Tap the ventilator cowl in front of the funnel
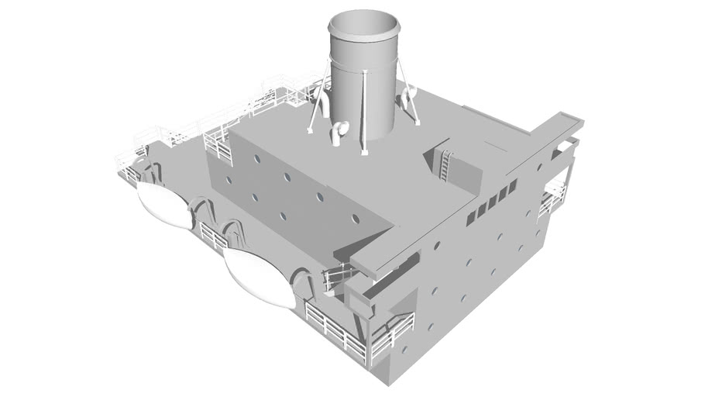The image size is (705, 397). (x=338, y=132)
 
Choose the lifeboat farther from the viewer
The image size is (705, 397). (x=164, y=205)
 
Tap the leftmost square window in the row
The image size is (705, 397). (x=470, y=219)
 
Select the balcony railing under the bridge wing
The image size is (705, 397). (x=553, y=197)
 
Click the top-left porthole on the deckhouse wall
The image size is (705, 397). (x=256, y=157)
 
